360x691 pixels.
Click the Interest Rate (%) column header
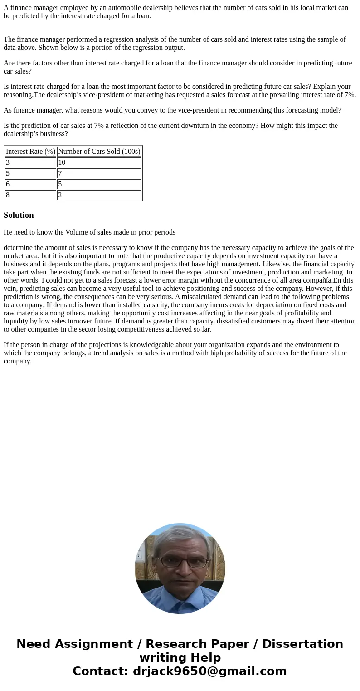30,152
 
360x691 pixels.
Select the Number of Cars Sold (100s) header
99,152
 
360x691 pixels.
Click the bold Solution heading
19,215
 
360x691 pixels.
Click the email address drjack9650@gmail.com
209,671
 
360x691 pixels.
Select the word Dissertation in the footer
302,644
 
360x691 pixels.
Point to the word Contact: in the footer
101,671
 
